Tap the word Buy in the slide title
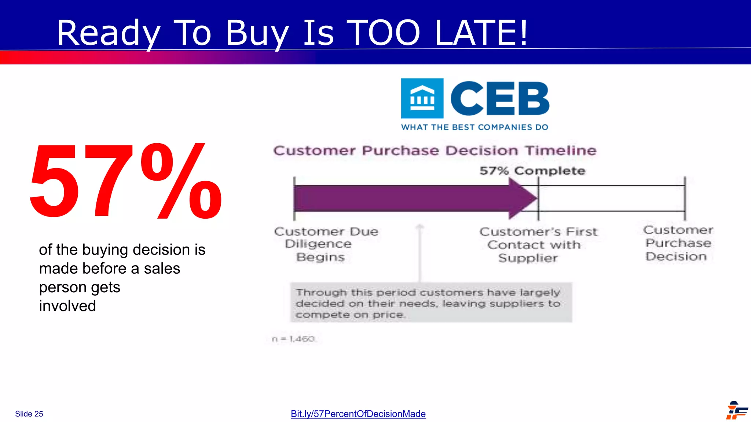(x=257, y=34)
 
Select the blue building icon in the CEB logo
(x=422, y=98)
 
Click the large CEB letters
(x=499, y=98)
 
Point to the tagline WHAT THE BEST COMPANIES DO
(x=475, y=127)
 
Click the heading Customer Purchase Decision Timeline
(x=435, y=151)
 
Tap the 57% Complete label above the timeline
(x=532, y=171)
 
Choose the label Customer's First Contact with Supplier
(x=538, y=245)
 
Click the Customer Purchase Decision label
(x=678, y=243)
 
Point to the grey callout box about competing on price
(x=431, y=303)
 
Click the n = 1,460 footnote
(x=293, y=339)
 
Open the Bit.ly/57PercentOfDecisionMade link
(x=358, y=414)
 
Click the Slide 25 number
(x=29, y=414)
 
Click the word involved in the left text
(x=67, y=306)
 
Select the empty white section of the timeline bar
(x=611, y=198)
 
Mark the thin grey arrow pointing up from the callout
(x=420, y=253)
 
